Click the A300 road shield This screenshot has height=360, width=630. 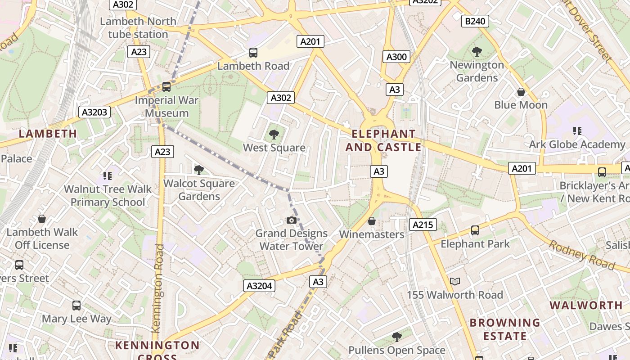(x=396, y=57)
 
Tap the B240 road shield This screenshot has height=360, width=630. (x=475, y=21)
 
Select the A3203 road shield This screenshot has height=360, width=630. (x=94, y=112)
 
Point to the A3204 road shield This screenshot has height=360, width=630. (x=260, y=286)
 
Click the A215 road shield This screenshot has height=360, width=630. (x=423, y=225)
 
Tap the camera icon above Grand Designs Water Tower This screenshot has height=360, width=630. (x=292, y=220)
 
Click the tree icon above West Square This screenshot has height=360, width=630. (x=274, y=134)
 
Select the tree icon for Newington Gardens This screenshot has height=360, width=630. (x=477, y=52)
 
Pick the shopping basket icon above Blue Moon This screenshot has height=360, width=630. (x=521, y=92)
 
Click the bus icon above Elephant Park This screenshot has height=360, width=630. (x=475, y=230)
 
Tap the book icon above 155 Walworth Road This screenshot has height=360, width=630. (x=455, y=282)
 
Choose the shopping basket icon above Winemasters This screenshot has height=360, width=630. (x=372, y=221)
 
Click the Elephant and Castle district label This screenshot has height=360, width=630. (x=383, y=140)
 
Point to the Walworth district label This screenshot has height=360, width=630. (x=586, y=305)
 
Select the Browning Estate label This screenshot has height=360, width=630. (x=504, y=329)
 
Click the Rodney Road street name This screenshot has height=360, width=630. (x=581, y=255)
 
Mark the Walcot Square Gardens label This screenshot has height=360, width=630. (x=199, y=190)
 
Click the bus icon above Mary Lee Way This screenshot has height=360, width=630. (x=76, y=306)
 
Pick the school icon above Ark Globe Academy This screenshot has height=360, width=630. (x=577, y=131)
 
